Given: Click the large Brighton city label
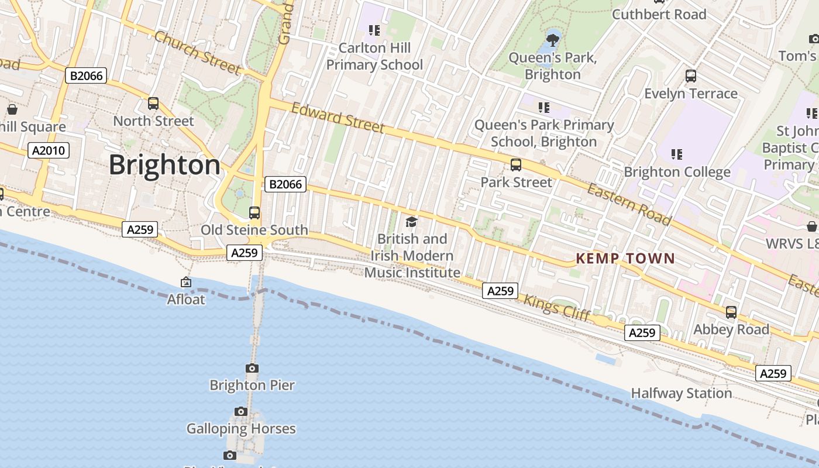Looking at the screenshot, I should click(164, 165).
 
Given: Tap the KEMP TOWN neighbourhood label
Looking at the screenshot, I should click(625, 258).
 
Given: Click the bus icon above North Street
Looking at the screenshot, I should click(153, 104).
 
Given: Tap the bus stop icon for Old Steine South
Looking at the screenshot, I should click(254, 213).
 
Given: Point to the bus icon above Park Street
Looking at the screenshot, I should click(515, 165).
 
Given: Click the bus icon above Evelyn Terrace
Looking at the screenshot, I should click(691, 75).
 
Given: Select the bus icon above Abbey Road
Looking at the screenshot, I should click(731, 312).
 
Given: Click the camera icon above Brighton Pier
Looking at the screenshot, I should click(252, 368).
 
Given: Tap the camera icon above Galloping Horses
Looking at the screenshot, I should click(241, 412).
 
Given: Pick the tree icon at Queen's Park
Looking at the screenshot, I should click(552, 40).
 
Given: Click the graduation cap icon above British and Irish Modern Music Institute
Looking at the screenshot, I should click(412, 222).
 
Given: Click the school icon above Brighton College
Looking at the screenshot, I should click(677, 154).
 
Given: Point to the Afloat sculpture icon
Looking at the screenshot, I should click(186, 283).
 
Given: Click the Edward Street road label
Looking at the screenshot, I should click(338, 118).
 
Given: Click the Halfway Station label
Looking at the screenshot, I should click(681, 393).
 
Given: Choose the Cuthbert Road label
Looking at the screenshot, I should click(659, 14).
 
